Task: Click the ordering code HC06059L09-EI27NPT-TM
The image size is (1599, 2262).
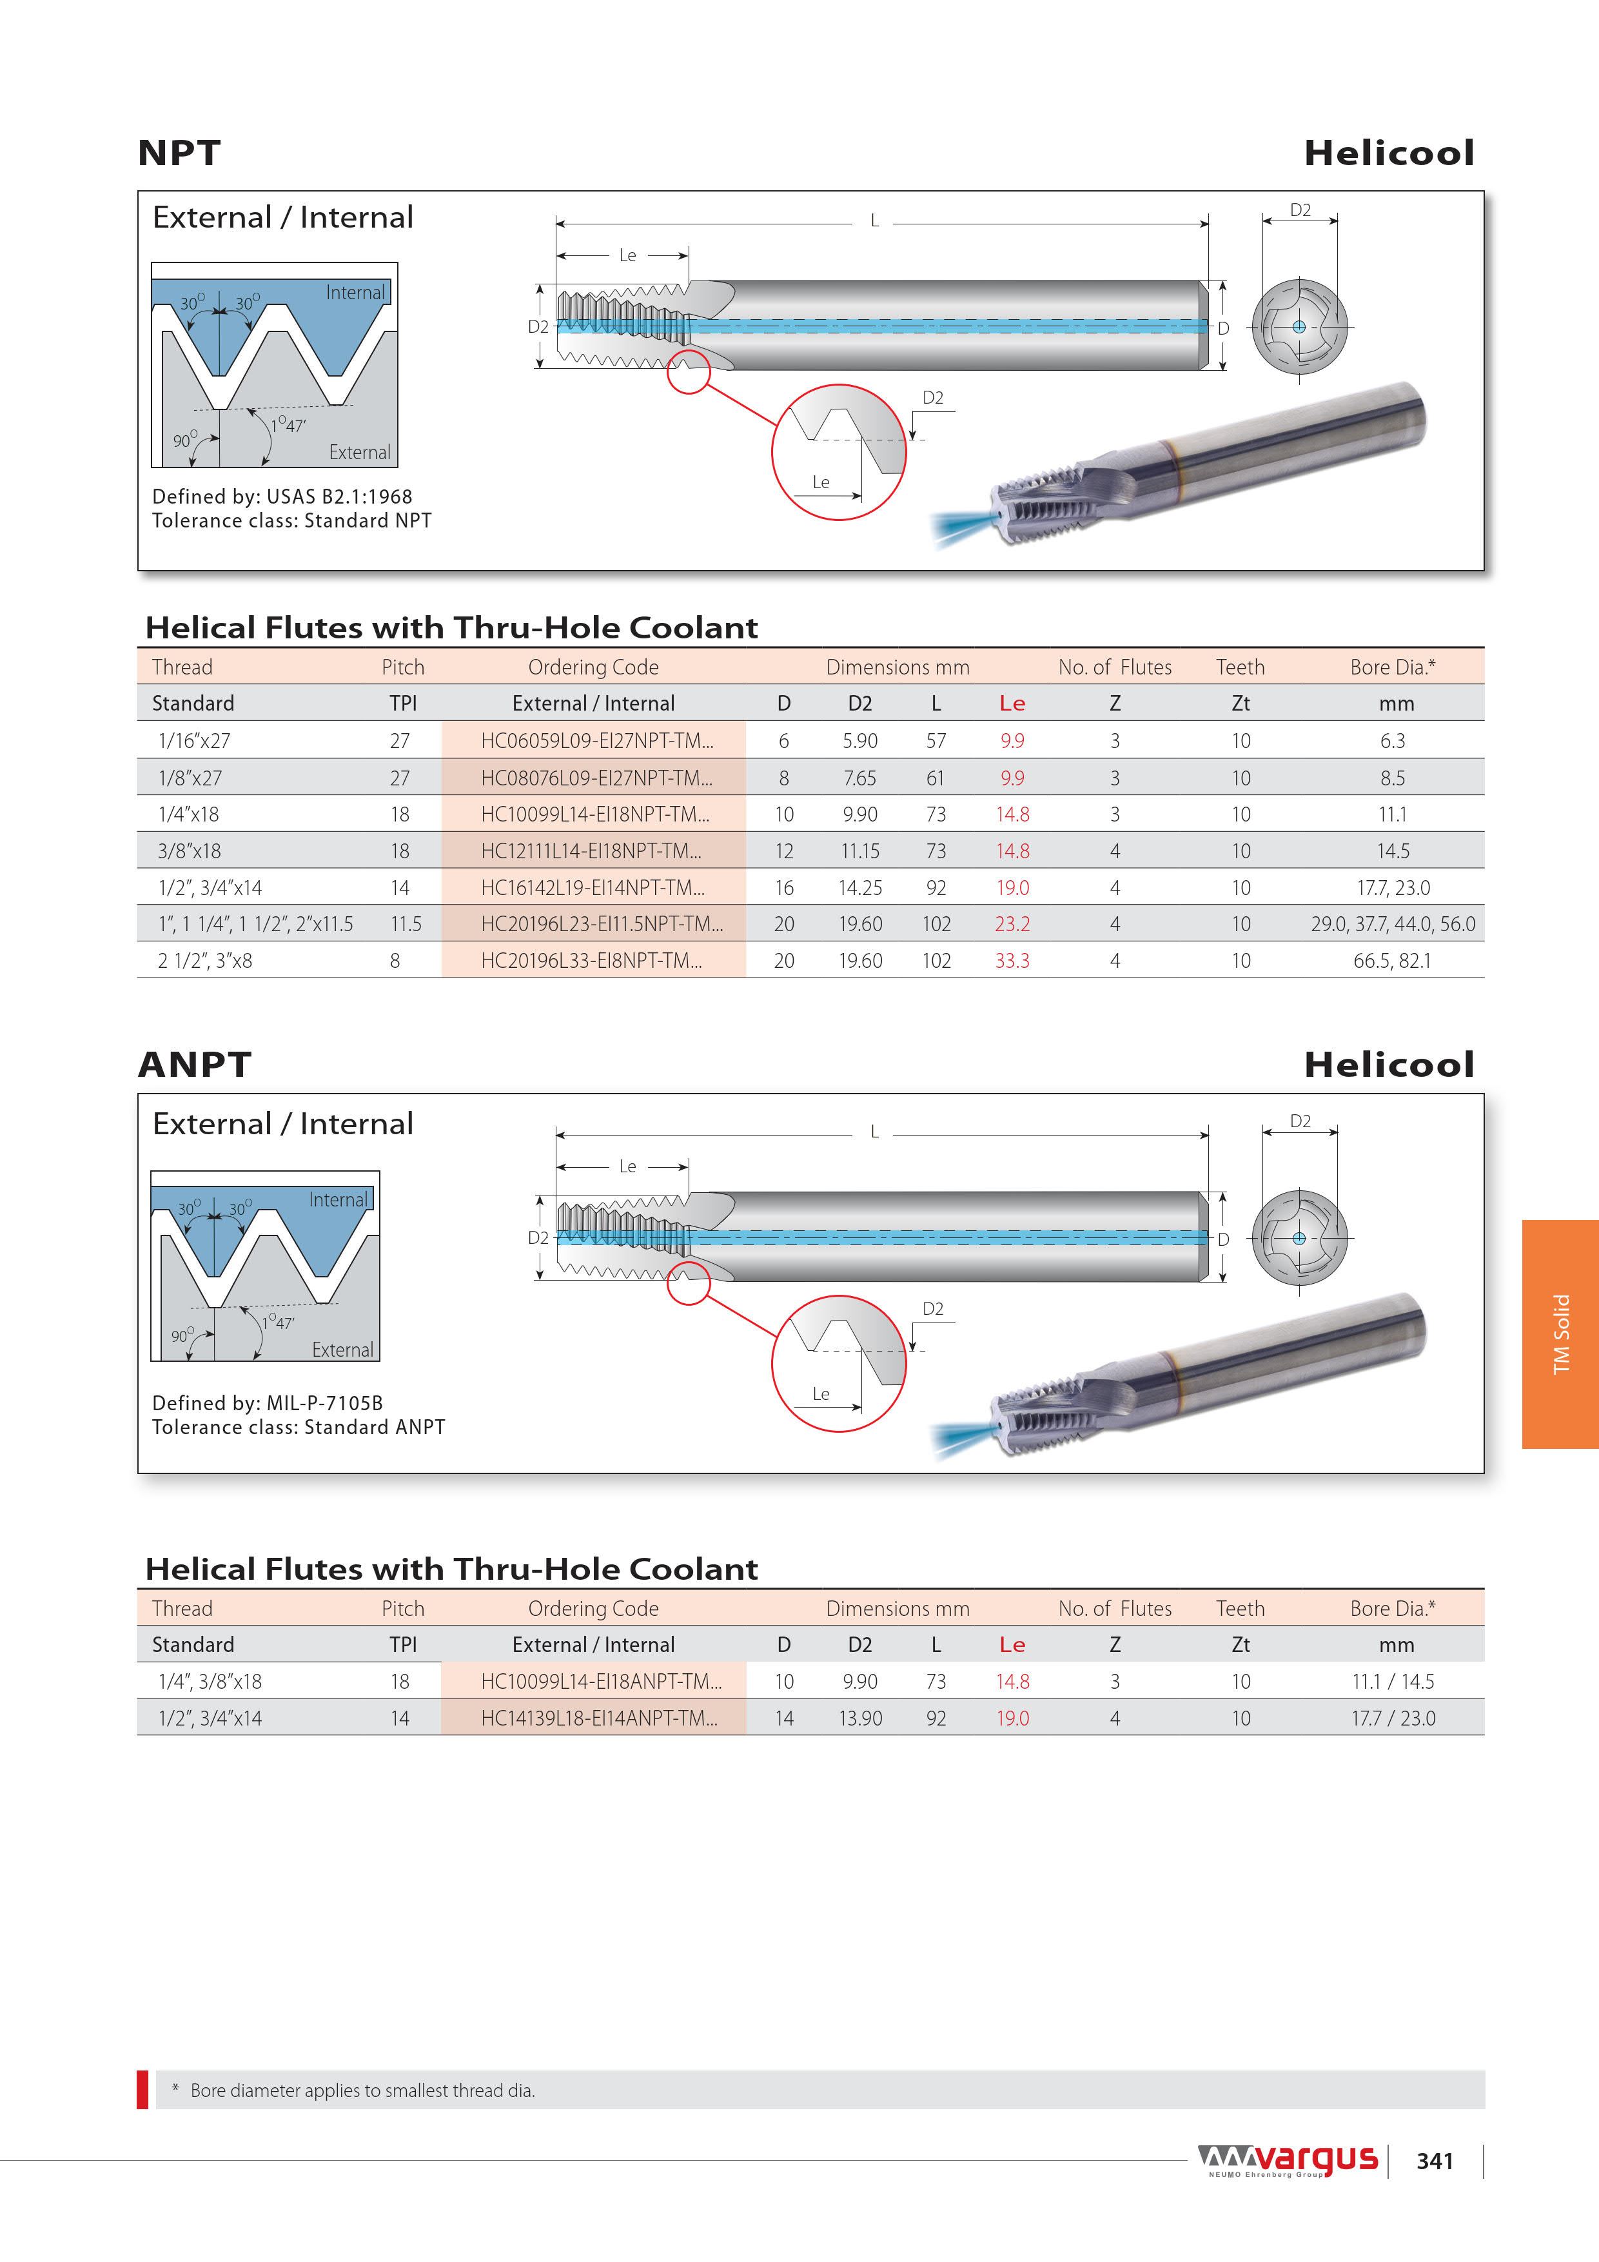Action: click(596, 741)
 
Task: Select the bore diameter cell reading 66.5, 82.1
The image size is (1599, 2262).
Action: click(1391, 961)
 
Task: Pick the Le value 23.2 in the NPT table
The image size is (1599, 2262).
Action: click(1012, 924)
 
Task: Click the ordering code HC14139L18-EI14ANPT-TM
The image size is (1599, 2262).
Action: click(599, 1718)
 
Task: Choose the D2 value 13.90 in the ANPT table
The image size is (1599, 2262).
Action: click(860, 1718)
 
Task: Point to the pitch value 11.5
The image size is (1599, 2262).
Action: click(405, 924)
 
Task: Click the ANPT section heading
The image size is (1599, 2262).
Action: click(195, 1064)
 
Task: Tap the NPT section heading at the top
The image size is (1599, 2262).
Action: click(179, 153)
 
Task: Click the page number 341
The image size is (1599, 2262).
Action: click(1435, 2161)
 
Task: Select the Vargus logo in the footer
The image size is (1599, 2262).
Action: click(1289, 2159)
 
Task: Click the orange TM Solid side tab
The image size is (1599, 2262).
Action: click(1560, 1334)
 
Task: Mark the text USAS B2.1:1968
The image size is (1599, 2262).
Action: click(339, 497)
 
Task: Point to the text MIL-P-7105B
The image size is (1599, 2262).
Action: click(324, 1403)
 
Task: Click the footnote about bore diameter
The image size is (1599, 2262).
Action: click(354, 2090)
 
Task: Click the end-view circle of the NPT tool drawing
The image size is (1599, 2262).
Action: click(1299, 326)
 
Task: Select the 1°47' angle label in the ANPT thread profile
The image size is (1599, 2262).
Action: click(278, 1322)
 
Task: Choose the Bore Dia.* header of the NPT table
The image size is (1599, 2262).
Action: click(1392, 667)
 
